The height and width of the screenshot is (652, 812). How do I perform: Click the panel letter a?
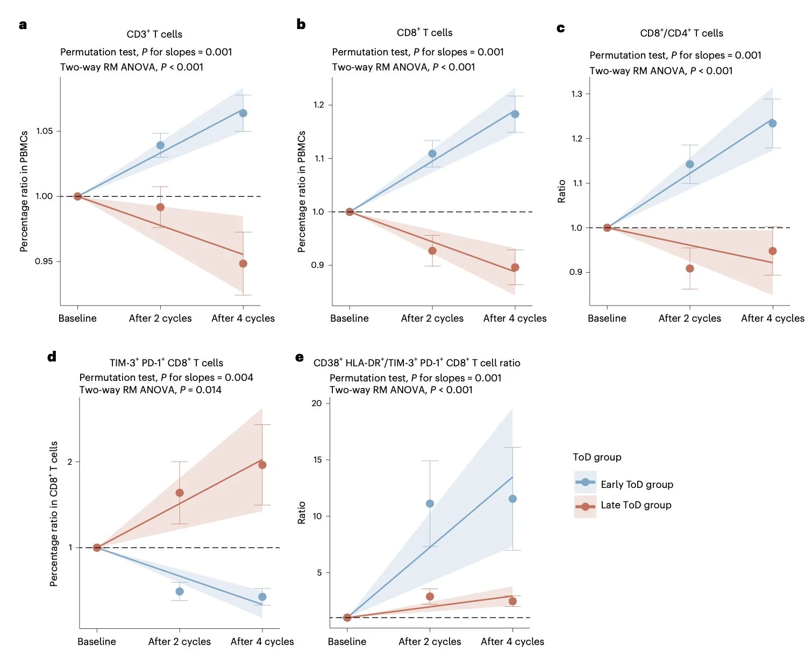[23, 25]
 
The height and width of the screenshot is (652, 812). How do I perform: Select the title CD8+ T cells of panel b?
[424, 33]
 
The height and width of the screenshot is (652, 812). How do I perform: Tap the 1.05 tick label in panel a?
[45, 131]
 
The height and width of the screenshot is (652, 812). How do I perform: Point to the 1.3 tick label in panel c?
[576, 94]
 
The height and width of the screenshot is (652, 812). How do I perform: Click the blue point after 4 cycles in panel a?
[243, 113]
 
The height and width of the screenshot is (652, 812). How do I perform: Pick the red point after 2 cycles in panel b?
[432, 251]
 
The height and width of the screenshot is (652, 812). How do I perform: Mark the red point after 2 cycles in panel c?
[690, 268]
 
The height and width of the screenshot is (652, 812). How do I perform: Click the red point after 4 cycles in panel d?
[262, 465]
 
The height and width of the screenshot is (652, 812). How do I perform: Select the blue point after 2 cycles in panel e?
[430, 504]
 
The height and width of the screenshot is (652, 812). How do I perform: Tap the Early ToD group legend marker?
[585, 482]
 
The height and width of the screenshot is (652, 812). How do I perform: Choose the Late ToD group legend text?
[636, 505]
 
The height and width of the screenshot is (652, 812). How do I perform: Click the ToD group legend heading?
[597, 457]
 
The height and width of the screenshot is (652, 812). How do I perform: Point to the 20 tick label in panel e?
[317, 403]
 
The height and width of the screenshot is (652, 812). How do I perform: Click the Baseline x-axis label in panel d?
[97, 641]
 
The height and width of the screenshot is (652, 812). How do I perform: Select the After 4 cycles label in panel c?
[772, 318]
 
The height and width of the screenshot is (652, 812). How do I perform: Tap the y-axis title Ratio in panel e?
[302, 512]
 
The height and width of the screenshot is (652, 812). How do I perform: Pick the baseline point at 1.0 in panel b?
[350, 212]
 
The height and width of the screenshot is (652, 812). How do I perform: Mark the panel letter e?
[300, 358]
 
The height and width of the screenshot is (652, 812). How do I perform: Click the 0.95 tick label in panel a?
[45, 262]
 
